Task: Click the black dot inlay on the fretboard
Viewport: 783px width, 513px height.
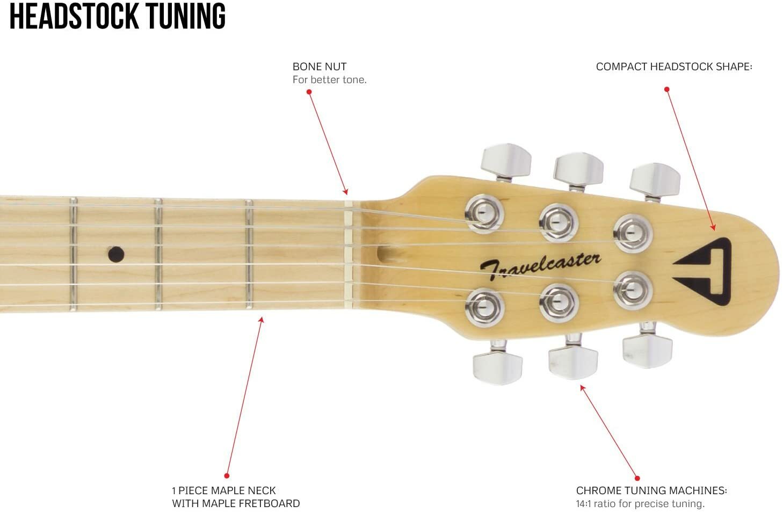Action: click(115, 254)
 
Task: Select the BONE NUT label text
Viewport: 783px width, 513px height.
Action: click(319, 67)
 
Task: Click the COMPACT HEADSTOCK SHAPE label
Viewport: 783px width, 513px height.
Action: click(673, 67)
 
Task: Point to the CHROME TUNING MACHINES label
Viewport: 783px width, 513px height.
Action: click(651, 490)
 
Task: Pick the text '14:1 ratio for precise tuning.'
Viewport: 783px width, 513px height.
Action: click(640, 504)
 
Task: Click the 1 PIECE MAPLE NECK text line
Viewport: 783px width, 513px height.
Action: click(223, 490)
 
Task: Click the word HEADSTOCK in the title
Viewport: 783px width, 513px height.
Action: click(75, 16)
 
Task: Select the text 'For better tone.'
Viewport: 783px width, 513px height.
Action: click(329, 80)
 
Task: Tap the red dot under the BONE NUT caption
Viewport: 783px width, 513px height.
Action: click(309, 92)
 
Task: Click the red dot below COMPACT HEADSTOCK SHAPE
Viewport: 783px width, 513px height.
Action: click(667, 89)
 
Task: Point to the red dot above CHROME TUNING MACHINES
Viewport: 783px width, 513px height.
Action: click(637, 478)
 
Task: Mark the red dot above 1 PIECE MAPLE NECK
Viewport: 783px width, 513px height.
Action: click(227, 476)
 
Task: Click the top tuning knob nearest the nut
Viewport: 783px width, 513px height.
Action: click(505, 160)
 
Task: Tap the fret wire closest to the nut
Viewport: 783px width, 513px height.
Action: click(249, 254)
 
